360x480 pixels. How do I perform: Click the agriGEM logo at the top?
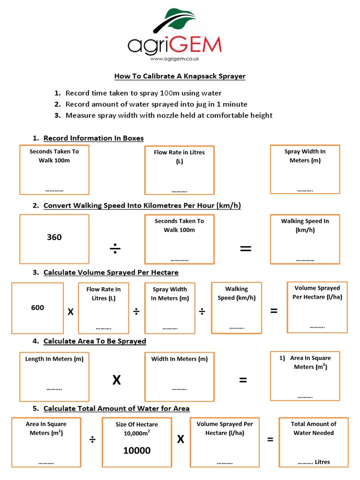174,37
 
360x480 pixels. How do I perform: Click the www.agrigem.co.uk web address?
175,59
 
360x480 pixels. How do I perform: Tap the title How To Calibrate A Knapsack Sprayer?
180,76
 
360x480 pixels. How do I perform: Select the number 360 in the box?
54,237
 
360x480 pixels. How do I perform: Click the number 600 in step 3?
37,307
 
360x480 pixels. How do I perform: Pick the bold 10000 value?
137,450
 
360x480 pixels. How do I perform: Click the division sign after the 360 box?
115,249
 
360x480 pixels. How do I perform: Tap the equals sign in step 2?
245,249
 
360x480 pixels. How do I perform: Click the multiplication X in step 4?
116,380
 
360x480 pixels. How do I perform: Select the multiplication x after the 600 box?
71,312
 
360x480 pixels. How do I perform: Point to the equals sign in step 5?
270,440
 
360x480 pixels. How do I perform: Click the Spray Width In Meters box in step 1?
305,169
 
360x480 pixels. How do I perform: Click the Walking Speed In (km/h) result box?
305,239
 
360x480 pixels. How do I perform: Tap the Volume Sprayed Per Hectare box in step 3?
317,307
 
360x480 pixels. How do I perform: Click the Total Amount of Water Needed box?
313,442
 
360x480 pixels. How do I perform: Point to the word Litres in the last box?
322,462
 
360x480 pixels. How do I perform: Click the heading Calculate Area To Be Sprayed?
95,341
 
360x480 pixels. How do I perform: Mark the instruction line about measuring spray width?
169,115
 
